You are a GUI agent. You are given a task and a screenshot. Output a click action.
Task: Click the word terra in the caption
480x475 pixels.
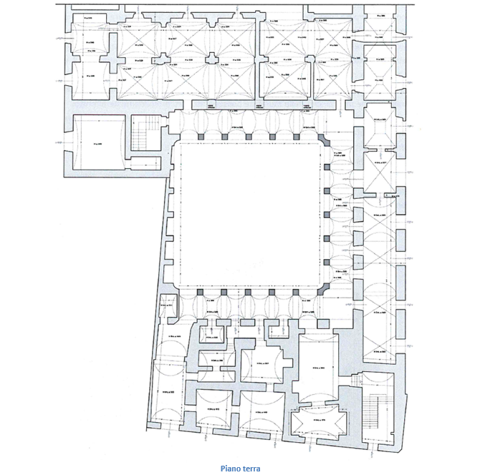pos(250,469)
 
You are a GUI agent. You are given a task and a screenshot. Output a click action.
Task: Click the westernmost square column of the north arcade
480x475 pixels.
pos(199,134)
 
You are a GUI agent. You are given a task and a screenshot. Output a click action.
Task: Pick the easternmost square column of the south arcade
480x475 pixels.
pos(296,293)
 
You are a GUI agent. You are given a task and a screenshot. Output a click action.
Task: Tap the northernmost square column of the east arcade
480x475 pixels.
pos(327,166)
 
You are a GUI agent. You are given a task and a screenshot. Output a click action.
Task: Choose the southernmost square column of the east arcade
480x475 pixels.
pos(327,262)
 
